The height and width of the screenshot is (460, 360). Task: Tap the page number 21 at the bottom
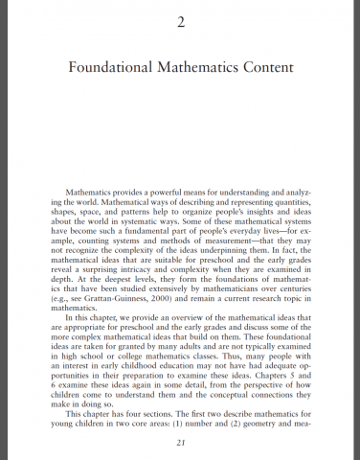click(x=180, y=442)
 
